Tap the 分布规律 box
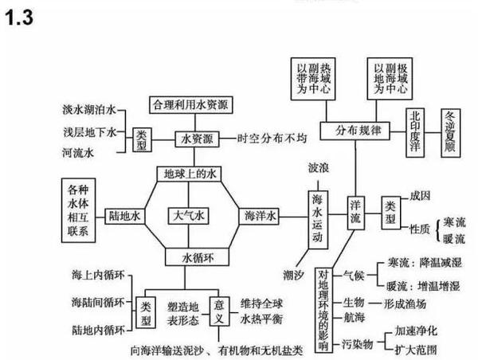(351, 129)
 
